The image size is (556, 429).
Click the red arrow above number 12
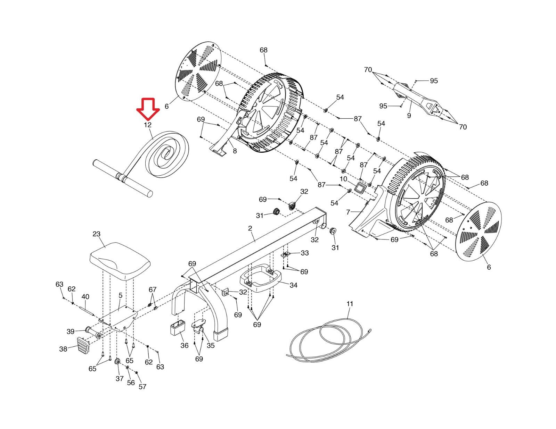click(x=148, y=109)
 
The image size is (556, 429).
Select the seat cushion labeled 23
click(x=120, y=261)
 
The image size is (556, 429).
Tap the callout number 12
click(x=148, y=125)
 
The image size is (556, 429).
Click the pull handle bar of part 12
click(x=123, y=178)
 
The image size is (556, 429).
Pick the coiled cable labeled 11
click(x=328, y=339)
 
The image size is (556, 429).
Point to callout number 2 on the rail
click(x=250, y=228)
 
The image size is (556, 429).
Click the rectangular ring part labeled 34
click(x=261, y=278)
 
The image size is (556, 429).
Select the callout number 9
click(x=409, y=116)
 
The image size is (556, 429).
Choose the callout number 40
click(x=85, y=297)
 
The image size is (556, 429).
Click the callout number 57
click(x=142, y=387)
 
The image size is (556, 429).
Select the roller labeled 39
click(x=93, y=333)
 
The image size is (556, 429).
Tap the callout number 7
click(x=348, y=212)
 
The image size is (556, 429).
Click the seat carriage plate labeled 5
click(x=118, y=318)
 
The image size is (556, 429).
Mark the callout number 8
click(x=235, y=151)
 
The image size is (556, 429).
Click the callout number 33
click(x=304, y=253)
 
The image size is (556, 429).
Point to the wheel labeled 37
click(x=117, y=362)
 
